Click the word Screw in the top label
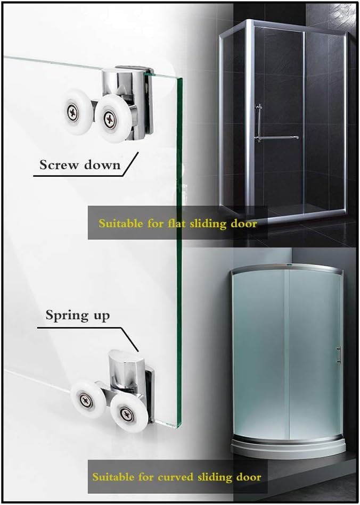point(59,165)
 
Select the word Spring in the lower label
point(67,316)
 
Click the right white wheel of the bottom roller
point(129,412)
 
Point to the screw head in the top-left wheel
point(73,112)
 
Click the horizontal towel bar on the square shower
point(277,138)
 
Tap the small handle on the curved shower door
point(339,355)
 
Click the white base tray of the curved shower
point(288,446)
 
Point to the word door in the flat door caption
point(244,223)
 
